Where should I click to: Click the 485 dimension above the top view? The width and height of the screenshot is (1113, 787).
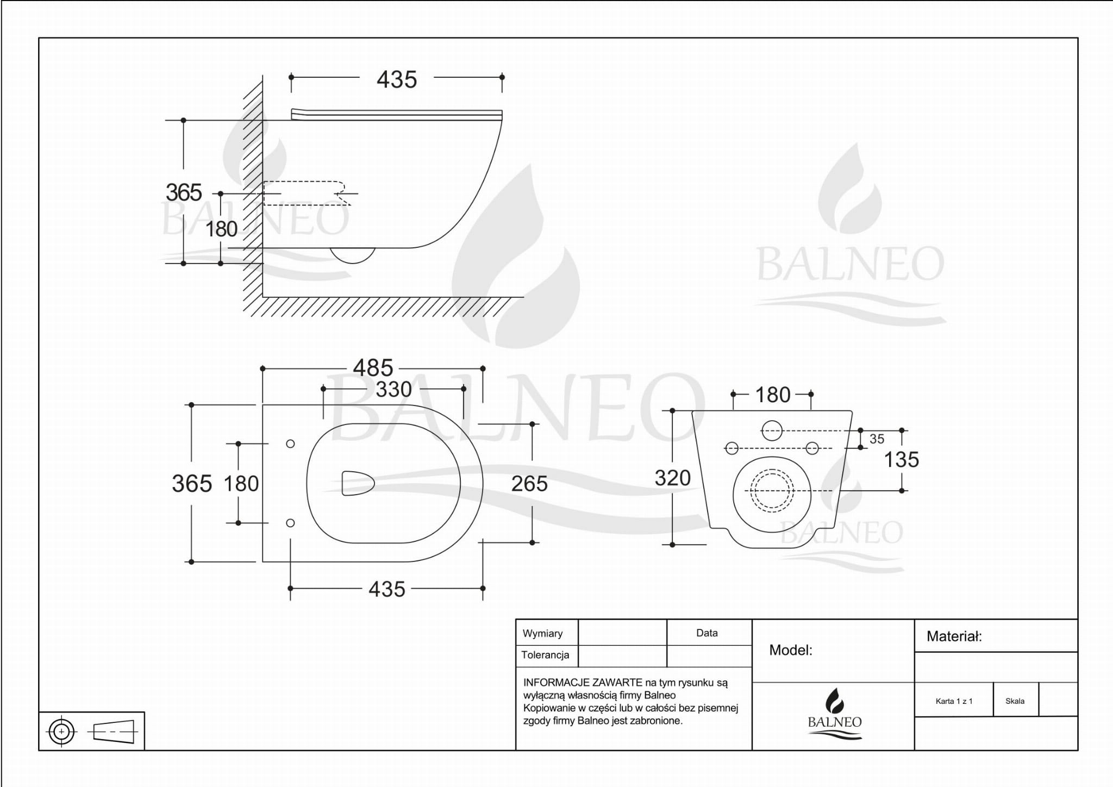point(373,368)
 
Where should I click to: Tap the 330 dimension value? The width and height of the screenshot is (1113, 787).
point(393,389)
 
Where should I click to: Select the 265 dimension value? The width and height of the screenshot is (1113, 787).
point(529,484)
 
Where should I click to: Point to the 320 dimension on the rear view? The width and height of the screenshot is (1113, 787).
point(673,478)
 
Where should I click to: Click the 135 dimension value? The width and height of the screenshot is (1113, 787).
point(902,460)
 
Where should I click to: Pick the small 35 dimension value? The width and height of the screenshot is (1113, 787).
point(877,439)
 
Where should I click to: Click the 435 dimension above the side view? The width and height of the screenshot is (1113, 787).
point(397,80)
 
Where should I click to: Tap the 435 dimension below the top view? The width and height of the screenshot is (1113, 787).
point(387,589)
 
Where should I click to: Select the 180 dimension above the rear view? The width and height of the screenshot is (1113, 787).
point(773,395)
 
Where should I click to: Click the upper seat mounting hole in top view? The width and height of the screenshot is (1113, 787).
point(290,444)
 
